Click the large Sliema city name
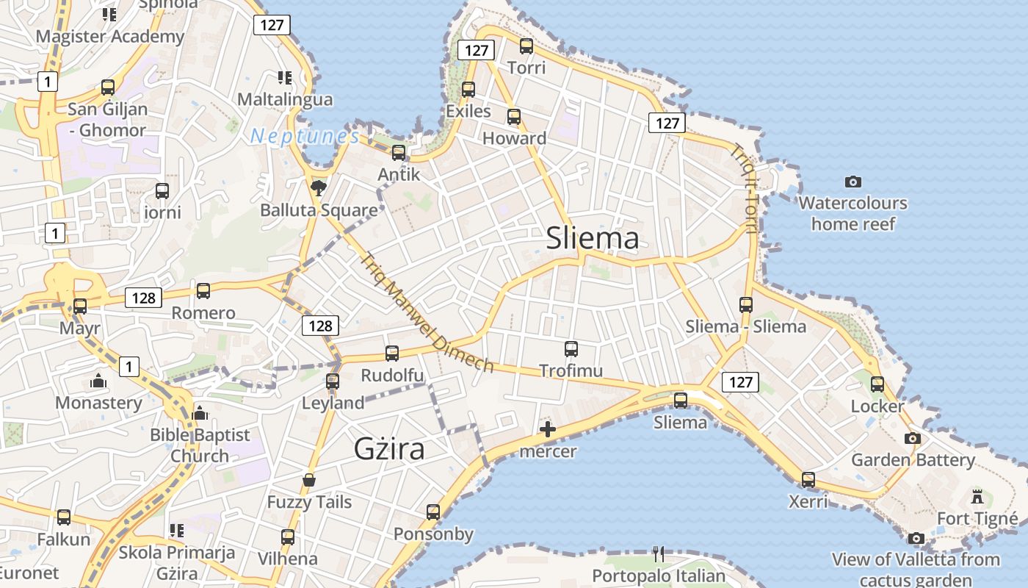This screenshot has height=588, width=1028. (593, 238)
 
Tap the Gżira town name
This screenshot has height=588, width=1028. (389, 448)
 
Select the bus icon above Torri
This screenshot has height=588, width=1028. (526, 46)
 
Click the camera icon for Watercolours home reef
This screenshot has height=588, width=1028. (853, 182)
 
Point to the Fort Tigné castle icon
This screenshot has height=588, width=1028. (977, 497)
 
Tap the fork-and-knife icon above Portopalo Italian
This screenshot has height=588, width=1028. (659, 553)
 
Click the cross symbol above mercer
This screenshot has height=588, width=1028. (548, 429)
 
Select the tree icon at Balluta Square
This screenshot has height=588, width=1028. (319, 188)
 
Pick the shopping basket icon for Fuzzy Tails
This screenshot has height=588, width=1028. (309, 481)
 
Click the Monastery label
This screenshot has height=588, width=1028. (99, 403)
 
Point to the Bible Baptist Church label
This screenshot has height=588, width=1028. (200, 445)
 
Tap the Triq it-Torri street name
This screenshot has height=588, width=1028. (743, 187)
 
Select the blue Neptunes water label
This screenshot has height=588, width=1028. (305, 137)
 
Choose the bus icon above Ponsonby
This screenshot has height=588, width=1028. (433, 512)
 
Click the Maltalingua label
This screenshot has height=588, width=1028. (285, 99)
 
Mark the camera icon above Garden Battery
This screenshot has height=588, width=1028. (913, 438)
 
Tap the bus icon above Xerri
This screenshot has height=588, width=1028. (808, 480)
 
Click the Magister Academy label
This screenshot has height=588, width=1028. (110, 36)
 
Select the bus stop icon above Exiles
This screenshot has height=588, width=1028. (468, 90)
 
